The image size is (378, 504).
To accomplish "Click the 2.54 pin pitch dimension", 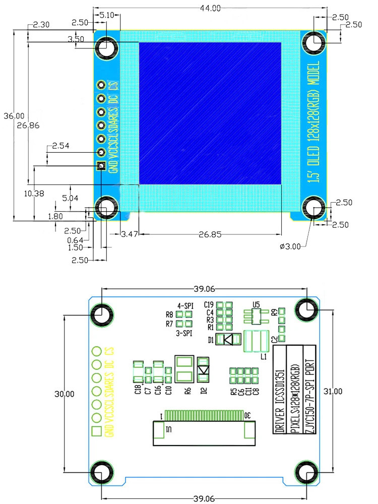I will point(60,146).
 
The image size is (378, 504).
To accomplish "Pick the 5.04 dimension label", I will point(70,199).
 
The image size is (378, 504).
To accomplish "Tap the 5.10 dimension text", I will point(106,15).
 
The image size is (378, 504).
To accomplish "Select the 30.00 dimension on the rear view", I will point(64,394).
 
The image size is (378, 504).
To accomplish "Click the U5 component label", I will point(256,304).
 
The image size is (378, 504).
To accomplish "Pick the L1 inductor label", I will point(263,356).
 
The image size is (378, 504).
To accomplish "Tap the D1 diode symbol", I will point(228,340).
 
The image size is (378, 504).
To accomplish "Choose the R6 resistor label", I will point(187,390).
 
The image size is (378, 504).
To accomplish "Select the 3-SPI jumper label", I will point(184,333).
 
